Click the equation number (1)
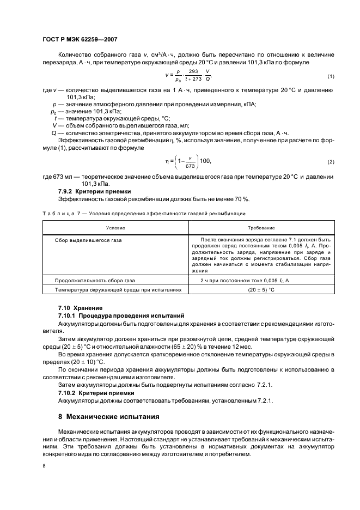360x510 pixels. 331,76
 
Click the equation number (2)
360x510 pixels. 331,162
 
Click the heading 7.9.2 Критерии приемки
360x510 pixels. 94,191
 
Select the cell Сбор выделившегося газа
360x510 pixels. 88,240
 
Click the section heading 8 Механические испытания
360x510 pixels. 108,417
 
